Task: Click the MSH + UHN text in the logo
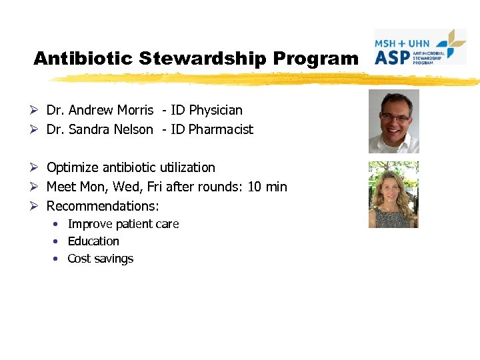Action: tap(402, 43)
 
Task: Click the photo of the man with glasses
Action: tap(394, 121)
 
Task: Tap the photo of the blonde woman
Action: tap(393, 195)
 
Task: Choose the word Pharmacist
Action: tap(221, 129)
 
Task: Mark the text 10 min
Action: tap(267, 187)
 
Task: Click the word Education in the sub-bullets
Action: tap(93, 241)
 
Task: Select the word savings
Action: tap(113, 259)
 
